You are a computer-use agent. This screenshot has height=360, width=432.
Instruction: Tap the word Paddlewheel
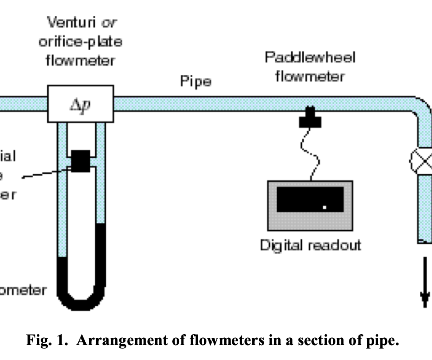tap(310, 58)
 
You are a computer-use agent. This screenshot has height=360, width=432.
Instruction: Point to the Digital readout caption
tap(310, 245)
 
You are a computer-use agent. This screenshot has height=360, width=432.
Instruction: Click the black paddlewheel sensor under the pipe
tap(310, 118)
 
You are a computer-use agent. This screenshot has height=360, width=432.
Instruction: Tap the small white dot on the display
tap(324, 207)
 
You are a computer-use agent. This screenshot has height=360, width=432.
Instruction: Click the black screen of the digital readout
tap(310, 199)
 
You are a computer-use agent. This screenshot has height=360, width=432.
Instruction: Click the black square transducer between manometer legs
tap(81, 161)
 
